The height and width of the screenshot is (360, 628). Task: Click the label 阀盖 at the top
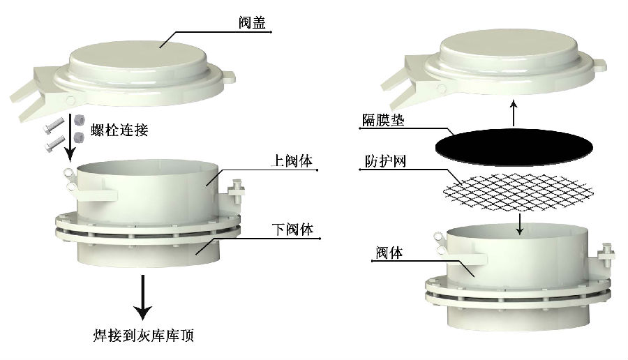[x=252, y=22]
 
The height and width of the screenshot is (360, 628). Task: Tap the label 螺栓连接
[x=119, y=130]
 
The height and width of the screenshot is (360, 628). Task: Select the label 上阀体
[x=291, y=160]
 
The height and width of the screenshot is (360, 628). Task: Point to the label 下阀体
[x=292, y=230]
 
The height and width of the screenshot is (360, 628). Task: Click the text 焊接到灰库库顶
[x=143, y=335]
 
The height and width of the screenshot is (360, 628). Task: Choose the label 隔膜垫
[x=383, y=120]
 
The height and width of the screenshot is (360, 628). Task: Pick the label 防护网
[x=385, y=161]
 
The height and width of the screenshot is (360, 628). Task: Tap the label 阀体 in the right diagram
[x=389, y=253]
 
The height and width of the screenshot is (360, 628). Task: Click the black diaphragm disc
[x=514, y=147]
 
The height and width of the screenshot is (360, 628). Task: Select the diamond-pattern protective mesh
[x=518, y=193]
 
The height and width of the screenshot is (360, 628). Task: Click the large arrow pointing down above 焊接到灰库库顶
[x=142, y=297]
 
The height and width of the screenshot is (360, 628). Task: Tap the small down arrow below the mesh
[x=519, y=224]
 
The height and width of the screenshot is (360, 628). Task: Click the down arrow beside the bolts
[x=70, y=137]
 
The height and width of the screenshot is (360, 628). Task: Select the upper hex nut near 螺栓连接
[x=79, y=120]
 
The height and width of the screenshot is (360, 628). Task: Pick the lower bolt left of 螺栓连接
[x=54, y=144]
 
